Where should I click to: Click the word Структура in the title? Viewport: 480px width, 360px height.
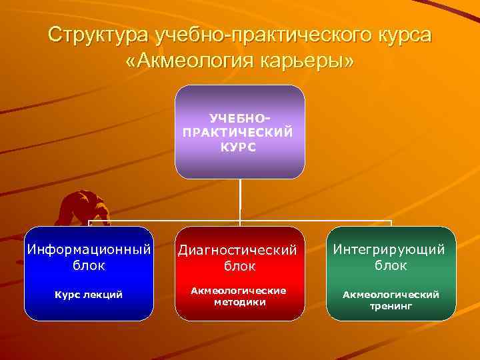(x=98, y=35)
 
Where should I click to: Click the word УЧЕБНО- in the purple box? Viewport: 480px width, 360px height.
(x=239, y=117)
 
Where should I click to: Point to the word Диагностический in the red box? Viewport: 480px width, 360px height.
(x=239, y=251)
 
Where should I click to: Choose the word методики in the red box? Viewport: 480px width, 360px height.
(x=239, y=302)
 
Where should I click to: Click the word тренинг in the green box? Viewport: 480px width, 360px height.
(x=390, y=306)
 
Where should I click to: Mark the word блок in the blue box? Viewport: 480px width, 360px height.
(x=88, y=265)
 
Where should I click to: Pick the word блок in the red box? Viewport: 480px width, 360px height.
(x=239, y=267)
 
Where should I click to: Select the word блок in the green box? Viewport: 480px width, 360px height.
(x=390, y=265)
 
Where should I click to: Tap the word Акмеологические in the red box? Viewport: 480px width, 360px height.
(x=239, y=291)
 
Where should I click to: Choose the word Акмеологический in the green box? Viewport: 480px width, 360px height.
(x=390, y=295)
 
